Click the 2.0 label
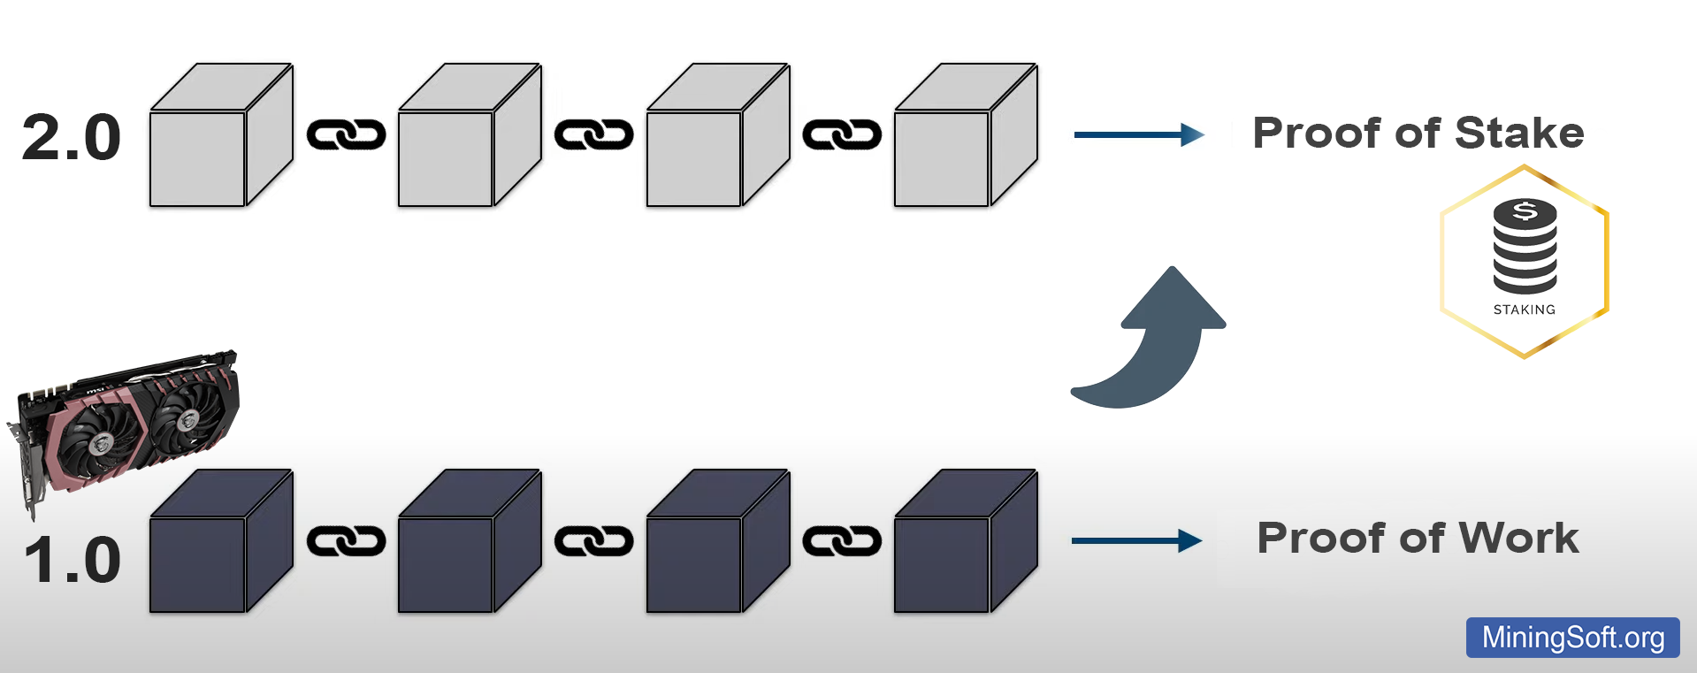(x=71, y=138)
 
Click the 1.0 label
(x=73, y=561)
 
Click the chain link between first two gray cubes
(x=346, y=134)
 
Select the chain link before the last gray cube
(x=842, y=134)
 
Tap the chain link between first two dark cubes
(x=346, y=541)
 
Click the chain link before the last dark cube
(x=842, y=541)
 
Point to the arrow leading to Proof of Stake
(x=1138, y=134)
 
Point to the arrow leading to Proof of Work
(x=1136, y=540)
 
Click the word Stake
(x=1519, y=134)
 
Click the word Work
(x=1518, y=539)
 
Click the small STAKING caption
(x=1524, y=310)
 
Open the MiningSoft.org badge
(x=1572, y=638)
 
